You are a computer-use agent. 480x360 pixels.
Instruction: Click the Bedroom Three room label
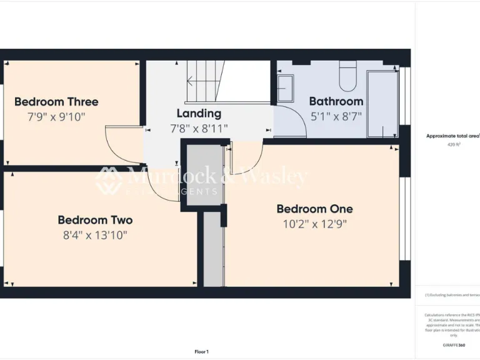[56, 101]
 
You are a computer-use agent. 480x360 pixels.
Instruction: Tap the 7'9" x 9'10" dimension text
[56, 117]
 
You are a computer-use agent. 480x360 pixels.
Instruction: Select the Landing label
[199, 113]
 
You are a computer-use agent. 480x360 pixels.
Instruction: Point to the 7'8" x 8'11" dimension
[199, 129]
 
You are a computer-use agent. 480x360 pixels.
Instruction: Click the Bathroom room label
[336, 101]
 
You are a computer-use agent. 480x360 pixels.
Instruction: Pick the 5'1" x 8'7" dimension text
[336, 116]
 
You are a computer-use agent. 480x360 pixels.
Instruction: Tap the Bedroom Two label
[95, 220]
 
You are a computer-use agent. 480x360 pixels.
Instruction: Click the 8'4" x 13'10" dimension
[95, 235]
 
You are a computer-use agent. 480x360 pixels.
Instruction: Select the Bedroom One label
[314, 209]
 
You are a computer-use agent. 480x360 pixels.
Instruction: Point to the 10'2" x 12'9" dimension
[314, 224]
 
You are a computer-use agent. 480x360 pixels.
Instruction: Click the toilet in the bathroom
[347, 78]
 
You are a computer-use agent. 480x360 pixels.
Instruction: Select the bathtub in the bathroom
[382, 103]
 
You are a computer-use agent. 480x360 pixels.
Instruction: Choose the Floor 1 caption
[201, 352]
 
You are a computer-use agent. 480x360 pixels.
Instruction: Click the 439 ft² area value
[454, 144]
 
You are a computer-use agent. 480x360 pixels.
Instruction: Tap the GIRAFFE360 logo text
[454, 345]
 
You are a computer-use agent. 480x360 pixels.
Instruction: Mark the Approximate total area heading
[452, 136]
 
